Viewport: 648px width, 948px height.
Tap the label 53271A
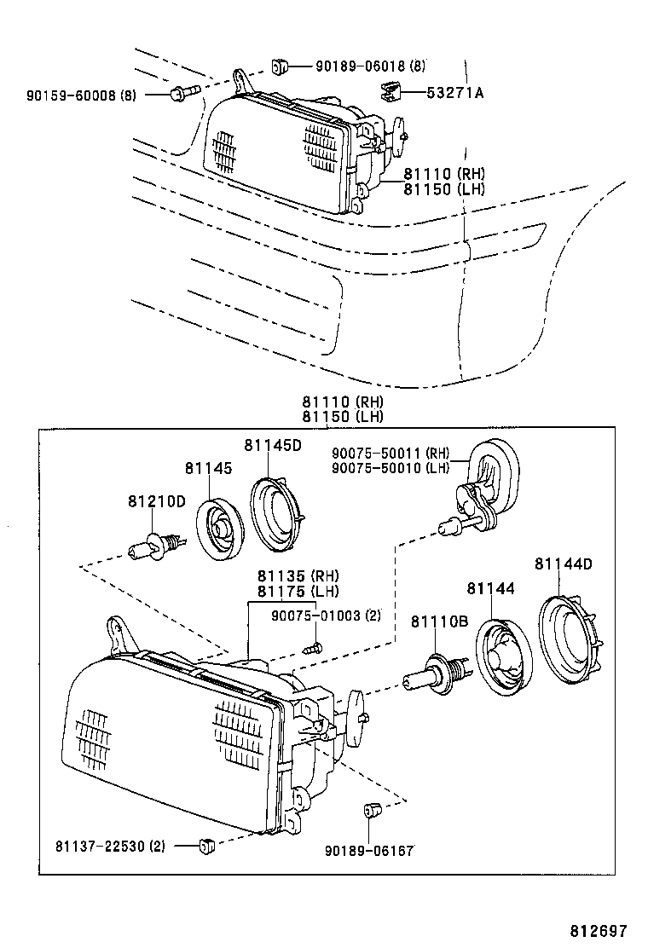(x=454, y=93)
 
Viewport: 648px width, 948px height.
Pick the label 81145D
(x=272, y=445)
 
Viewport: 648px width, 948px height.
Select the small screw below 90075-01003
(x=316, y=647)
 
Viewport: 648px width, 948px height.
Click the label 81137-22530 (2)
(x=111, y=846)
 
